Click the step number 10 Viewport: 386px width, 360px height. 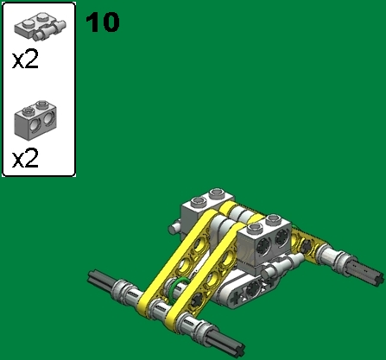click(103, 22)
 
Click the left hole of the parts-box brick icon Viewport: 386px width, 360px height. click(35, 129)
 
